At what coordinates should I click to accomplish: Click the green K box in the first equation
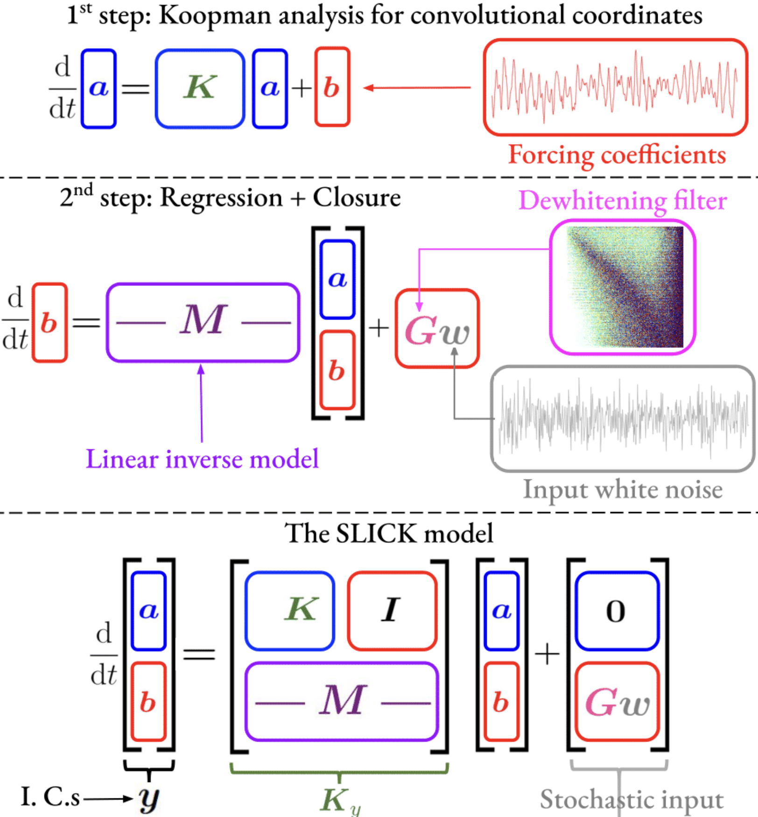200,88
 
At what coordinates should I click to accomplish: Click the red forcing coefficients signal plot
615,87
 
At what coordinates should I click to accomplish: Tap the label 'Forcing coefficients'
617,155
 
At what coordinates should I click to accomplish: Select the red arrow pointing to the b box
416,87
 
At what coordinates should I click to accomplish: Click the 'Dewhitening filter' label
623,201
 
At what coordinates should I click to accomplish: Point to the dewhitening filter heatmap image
624,287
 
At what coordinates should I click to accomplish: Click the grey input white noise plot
623,418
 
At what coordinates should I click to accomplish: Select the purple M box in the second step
203,322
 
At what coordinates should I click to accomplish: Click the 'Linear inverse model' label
202,459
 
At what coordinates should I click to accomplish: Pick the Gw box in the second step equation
437,329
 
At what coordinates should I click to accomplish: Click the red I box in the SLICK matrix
392,610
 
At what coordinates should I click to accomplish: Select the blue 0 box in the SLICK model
617,611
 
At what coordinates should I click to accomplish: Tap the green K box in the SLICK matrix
290,610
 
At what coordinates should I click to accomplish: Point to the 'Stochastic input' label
631,799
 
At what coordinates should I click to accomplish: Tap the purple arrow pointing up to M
201,403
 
